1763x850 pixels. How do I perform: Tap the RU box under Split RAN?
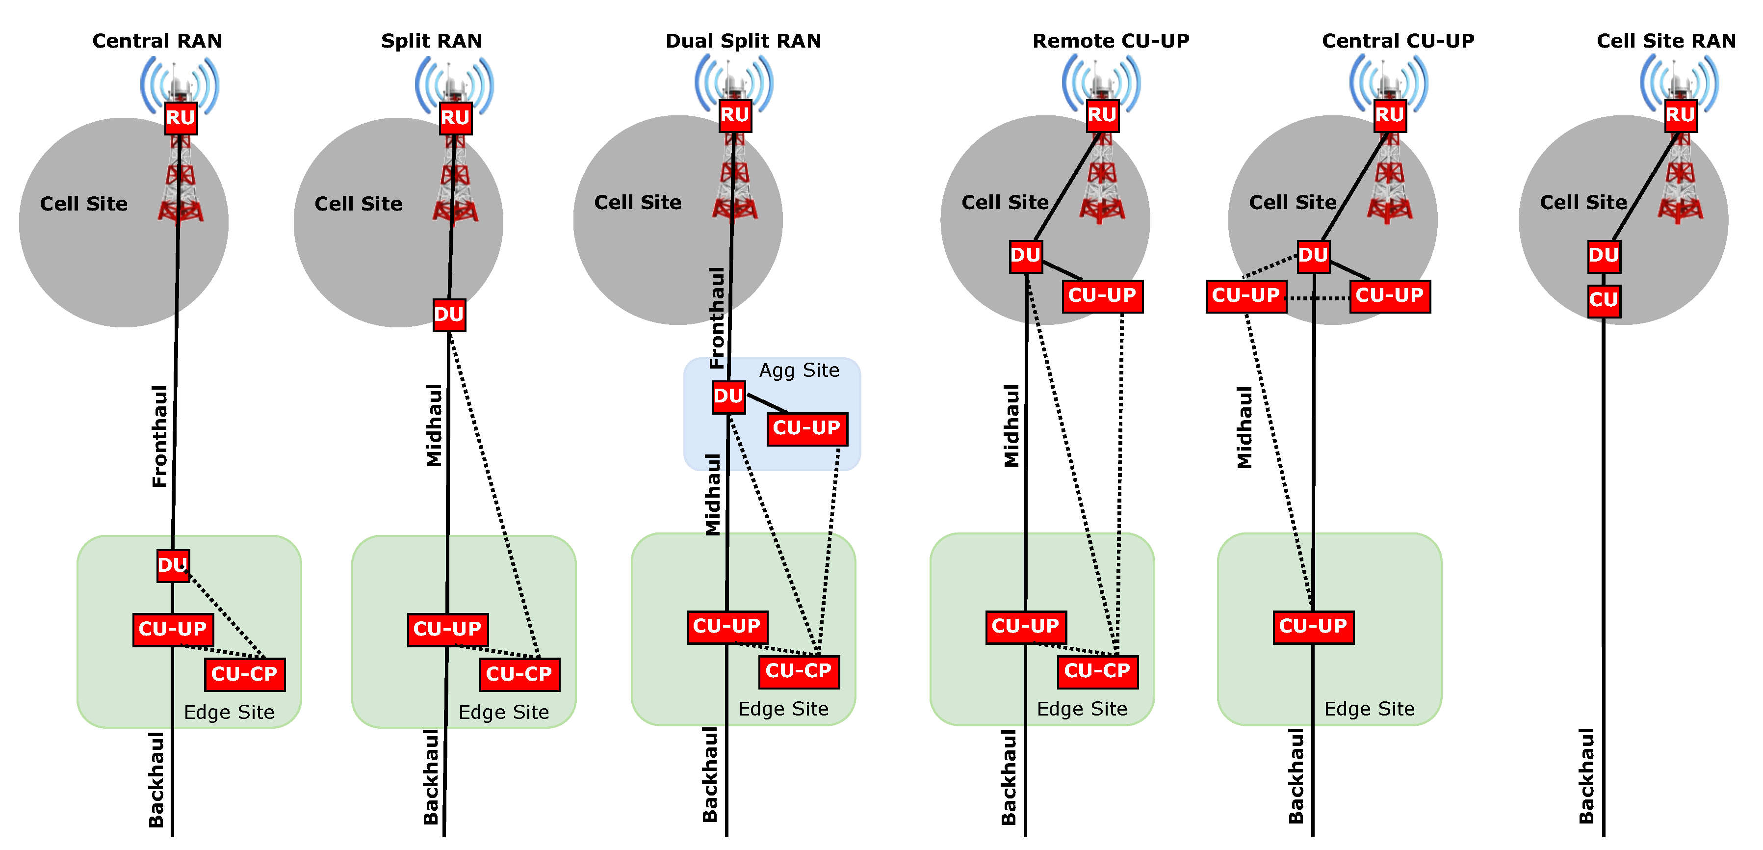coord(455,118)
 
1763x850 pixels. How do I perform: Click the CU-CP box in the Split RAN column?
coord(519,674)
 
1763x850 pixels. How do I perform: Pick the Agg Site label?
coord(799,371)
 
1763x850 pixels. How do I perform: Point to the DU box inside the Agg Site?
coord(728,397)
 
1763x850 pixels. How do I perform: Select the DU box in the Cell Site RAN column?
coord(1604,256)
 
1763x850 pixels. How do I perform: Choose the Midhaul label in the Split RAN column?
coord(435,425)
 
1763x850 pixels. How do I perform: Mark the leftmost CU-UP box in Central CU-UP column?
coord(1245,296)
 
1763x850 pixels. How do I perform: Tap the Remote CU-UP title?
coord(1110,41)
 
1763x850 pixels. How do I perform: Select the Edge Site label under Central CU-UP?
coord(1369,709)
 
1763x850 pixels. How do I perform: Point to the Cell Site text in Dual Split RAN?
coord(637,203)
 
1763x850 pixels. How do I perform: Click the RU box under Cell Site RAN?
coord(1680,115)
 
